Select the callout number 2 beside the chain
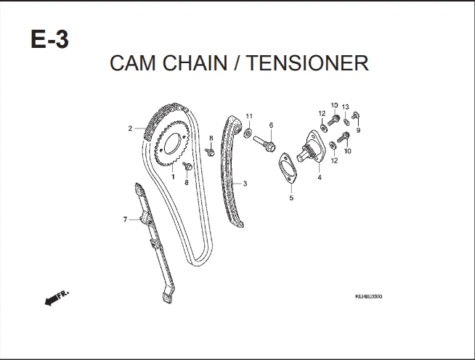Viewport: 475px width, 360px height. (x=130, y=128)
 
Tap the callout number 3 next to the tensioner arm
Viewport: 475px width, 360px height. (x=245, y=184)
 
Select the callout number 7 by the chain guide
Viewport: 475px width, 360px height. (x=125, y=219)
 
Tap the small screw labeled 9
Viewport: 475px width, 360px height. (x=354, y=116)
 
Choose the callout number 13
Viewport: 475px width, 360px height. (x=346, y=107)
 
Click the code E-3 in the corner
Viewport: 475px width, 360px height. (x=49, y=39)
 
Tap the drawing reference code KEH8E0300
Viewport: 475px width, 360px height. (x=369, y=297)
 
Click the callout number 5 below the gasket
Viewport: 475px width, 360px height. (x=291, y=197)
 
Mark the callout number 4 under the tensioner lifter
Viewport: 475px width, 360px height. (x=319, y=177)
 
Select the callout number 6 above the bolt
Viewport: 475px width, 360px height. (x=271, y=125)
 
